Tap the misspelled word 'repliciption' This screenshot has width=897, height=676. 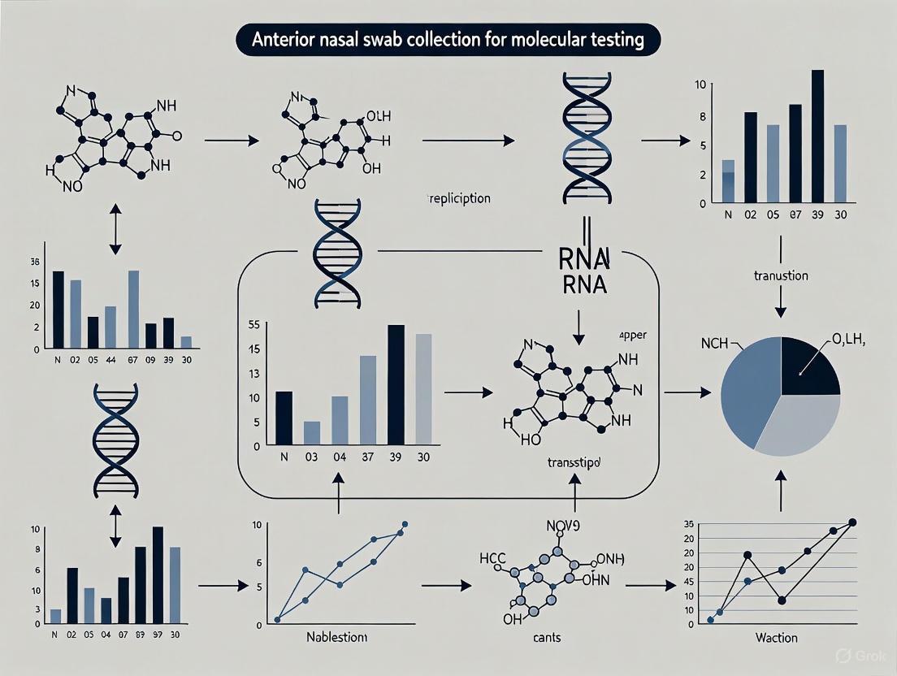tap(458, 198)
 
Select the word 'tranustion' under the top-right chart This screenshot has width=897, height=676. tap(780, 275)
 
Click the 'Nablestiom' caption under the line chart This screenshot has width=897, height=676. tap(336, 638)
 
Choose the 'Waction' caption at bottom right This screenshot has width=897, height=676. tap(776, 638)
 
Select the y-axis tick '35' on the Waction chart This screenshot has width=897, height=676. tap(688, 524)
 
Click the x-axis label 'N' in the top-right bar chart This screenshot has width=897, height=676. tap(728, 215)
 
